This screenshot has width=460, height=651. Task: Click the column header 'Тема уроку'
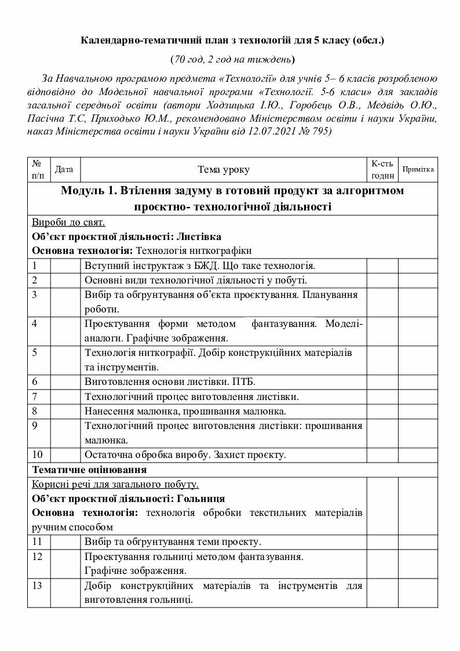(224, 170)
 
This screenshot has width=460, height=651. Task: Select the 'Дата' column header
(64, 169)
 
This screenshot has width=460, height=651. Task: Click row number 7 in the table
(35, 397)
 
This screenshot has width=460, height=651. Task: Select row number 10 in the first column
(38, 454)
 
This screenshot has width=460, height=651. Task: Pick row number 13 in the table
(38, 585)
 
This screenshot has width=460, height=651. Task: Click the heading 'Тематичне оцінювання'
(89, 468)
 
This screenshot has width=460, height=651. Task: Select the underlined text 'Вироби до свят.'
(68, 223)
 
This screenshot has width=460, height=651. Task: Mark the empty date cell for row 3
(65, 301)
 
